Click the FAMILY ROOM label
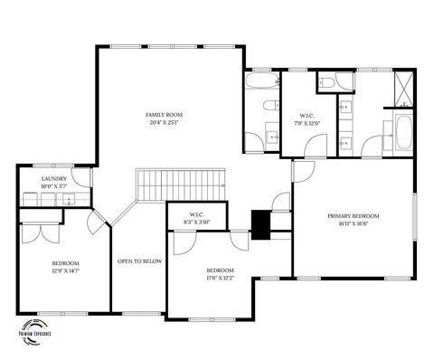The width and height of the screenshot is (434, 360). pyautogui.click(x=165, y=115)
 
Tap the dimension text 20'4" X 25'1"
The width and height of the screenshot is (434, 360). pyautogui.click(x=165, y=123)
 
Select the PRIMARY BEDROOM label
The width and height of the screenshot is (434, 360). pyautogui.click(x=353, y=216)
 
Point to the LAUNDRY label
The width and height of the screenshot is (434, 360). pyautogui.click(x=53, y=179)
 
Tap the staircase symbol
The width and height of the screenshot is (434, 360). pyautogui.click(x=180, y=186)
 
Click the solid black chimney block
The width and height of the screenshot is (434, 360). pyautogui.click(x=261, y=224)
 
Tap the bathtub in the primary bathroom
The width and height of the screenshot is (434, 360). pyautogui.click(x=402, y=134)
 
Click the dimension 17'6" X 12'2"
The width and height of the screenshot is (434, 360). pyautogui.click(x=221, y=279)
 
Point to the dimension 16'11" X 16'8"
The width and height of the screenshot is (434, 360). pyautogui.click(x=353, y=224)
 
